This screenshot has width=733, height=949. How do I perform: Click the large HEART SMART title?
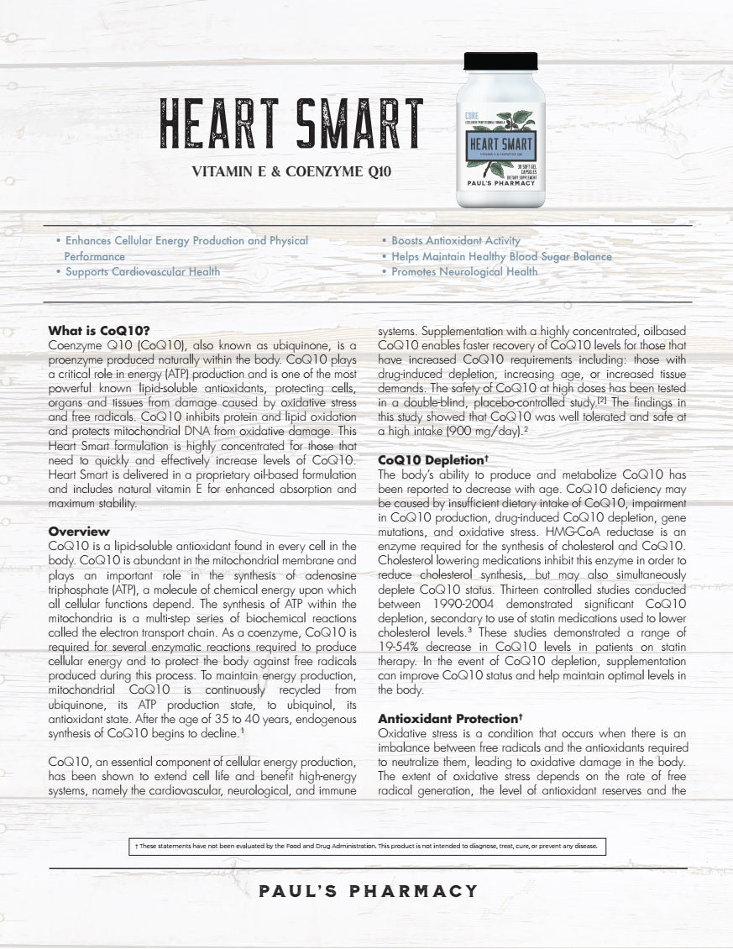coord(291,127)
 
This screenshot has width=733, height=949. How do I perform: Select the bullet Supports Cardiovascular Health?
coord(143,272)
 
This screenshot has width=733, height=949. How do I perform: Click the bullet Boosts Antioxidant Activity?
coord(456,241)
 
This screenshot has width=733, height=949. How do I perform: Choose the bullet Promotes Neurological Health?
coord(464,272)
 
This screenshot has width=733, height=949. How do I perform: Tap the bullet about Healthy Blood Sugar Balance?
coord(501,257)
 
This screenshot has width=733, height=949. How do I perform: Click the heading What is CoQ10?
coord(99,331)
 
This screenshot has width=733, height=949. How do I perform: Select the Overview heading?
coord(79,532)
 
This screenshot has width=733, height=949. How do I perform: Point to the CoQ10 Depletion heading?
coord(433,461)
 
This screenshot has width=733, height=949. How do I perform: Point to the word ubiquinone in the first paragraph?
coord(286,345)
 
